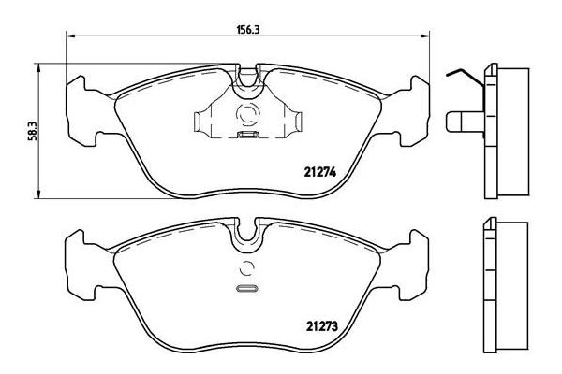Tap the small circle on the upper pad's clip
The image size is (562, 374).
coord(248,116)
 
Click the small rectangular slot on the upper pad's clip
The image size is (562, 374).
coord(248,135)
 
